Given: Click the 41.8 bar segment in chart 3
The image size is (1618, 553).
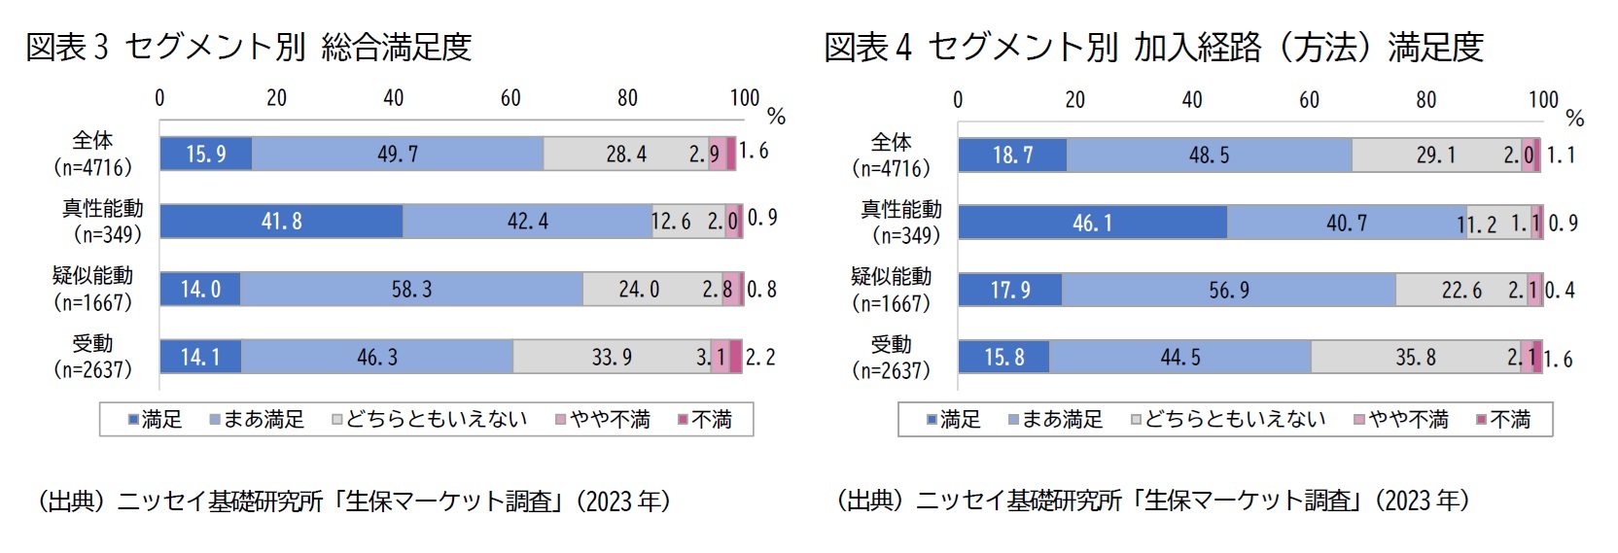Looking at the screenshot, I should (x=281, y=222).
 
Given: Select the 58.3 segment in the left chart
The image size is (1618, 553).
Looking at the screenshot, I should (x=411, y=290).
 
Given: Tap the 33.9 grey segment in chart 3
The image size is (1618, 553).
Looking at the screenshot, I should (x=612, y=358).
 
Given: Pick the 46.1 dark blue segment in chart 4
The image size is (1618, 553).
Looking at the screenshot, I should (x=1092, y=224).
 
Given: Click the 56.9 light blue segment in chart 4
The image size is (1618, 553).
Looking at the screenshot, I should (x=1229, y=291).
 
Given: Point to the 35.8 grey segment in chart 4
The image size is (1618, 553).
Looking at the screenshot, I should (x=1416, y=358).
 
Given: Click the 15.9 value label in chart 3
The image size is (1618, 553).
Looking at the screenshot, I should (x=206, y=155).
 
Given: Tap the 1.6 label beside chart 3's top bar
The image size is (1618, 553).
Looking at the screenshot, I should (x=753, y=151).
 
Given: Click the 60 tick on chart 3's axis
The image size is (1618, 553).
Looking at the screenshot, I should (x=510, y=98).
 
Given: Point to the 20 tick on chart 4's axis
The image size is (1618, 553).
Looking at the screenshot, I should (x=1074, y=100).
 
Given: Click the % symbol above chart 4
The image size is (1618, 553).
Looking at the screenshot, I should (x=1575, y=119).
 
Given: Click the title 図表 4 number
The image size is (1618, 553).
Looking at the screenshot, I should (x=902, y=48).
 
